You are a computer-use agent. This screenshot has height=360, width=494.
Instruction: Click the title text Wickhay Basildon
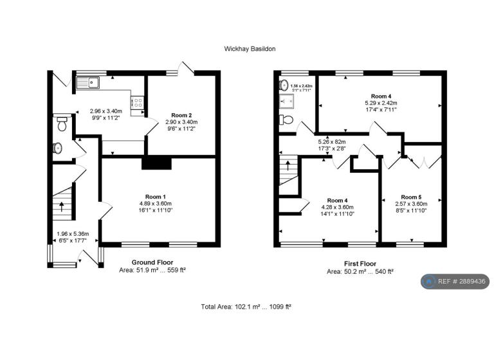coord(250,49)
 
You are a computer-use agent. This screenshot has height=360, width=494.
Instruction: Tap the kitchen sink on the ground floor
coord(88,82)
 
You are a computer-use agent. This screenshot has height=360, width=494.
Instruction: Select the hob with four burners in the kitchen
coord(138,102)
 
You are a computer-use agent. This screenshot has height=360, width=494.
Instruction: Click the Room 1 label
coord(156,197)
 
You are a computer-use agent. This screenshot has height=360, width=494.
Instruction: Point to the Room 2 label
coord(181,115)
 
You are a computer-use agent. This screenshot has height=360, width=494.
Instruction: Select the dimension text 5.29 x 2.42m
coord(381,103)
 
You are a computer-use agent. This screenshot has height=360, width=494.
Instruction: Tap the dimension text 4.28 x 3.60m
coord(338,207)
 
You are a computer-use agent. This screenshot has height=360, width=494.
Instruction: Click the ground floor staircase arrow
coord(62,206)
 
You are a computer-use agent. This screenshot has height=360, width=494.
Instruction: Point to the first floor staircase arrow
coord(288,166)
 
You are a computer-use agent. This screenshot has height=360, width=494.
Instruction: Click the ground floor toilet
coord(62,123)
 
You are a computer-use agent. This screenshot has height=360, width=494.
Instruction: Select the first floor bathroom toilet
coord(286,120)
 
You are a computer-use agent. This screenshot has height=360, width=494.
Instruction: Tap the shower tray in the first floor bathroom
coord(286,101)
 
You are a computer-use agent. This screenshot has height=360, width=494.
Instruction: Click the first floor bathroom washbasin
coord(284,84)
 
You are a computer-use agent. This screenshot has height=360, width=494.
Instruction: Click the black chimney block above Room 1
coord(156,163)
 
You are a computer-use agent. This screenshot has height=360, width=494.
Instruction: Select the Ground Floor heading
coord(152,262)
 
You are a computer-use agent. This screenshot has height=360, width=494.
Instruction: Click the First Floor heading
coord(360,264)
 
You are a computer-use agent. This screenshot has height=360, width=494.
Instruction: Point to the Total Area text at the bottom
coord(246,307)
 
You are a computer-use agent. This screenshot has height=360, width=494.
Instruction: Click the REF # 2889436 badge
coord(455,282)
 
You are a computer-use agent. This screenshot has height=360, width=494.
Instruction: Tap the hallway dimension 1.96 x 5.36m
coord(73,234)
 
